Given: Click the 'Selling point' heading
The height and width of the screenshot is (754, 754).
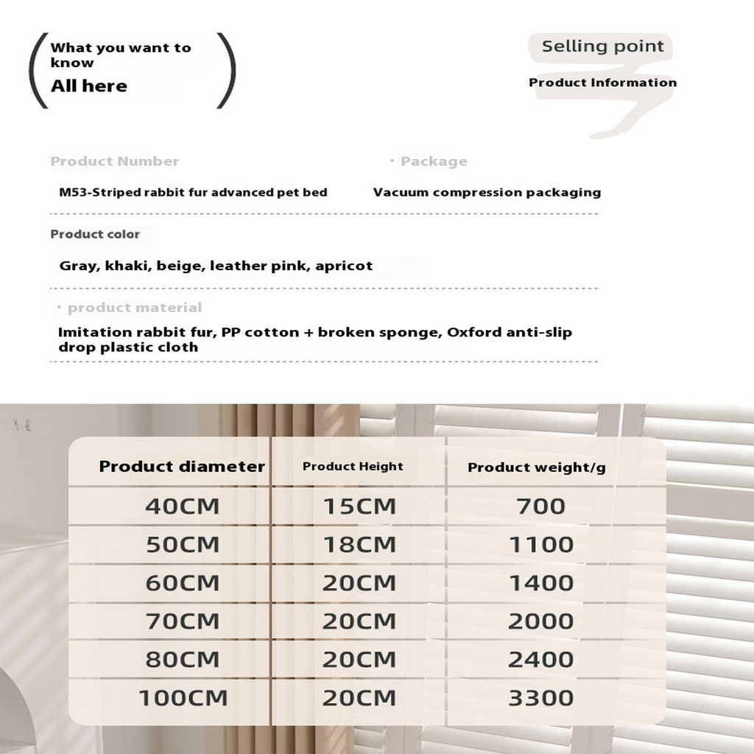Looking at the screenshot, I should [602, 46].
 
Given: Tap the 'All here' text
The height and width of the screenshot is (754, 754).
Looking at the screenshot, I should [88, 86].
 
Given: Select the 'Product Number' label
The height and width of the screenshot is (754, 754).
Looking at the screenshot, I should [114, 161].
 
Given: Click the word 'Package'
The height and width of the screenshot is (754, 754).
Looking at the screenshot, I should [434, 161].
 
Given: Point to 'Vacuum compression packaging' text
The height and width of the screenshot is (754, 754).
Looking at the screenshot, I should [487, 192].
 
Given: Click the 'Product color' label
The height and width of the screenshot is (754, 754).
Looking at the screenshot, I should [94, 234].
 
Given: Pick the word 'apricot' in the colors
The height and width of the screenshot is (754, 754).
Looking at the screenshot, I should [344, 266].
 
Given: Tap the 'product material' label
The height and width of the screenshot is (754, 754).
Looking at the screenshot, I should [134, 308].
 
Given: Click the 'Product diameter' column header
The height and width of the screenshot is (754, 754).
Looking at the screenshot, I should [182, 466].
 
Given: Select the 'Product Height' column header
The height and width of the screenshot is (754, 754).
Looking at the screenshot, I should [353, 466].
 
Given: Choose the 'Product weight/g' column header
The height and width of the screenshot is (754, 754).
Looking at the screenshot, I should [537, 467].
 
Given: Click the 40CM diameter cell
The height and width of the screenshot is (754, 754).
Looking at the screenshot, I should [182, 507].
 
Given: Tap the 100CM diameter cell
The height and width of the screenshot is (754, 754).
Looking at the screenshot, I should [183, 698].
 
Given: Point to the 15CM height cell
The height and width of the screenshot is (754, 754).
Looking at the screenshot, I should [359, 507].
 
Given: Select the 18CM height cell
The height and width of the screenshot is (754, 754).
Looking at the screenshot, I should [359, 545].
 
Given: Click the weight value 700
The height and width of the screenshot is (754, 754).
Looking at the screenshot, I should [540, 507].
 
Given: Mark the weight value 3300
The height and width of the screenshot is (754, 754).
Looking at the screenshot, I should [540, 698].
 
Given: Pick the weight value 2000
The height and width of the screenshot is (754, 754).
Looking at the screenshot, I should [540, 621].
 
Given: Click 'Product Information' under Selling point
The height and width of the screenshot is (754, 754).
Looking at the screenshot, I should [602, 82].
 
